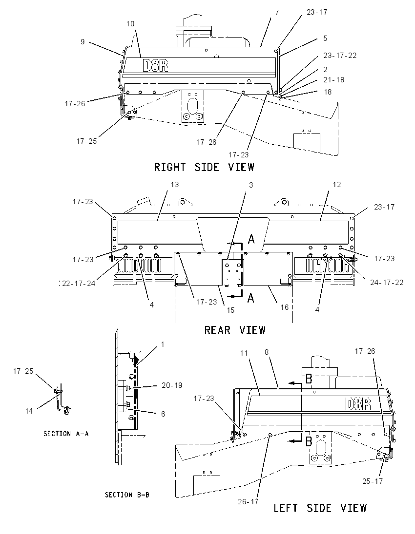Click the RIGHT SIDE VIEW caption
(x=204, y=167)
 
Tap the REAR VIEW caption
(x=235, y=330)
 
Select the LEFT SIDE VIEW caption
(x=320, y=508)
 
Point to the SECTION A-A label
(x=66, y=434)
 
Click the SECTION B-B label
(x=127, y=495)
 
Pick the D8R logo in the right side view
(x=155, y=65)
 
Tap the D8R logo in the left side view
(x=358, y=404)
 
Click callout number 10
(x=130, y=24)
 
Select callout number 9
(x=83, y=42)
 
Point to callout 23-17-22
(x=340, y=56)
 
